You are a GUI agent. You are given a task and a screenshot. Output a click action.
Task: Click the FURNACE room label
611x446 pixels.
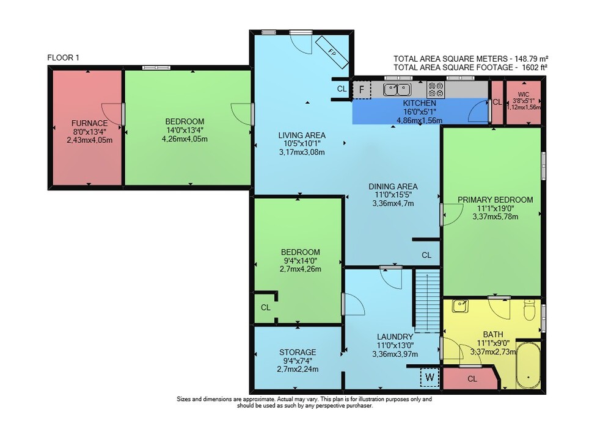[x=89, y=123]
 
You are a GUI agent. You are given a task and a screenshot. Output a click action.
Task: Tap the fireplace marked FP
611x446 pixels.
[x=332, y=52]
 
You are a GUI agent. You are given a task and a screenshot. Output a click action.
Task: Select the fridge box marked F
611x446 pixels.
[x=362, y=90]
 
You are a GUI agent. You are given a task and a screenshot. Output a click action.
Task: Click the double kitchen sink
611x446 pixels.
[x=397, y=90]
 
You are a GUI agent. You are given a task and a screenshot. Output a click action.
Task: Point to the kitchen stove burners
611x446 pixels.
[x=436, y=89]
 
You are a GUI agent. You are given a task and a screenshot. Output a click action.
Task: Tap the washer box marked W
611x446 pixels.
[x=430, y=377]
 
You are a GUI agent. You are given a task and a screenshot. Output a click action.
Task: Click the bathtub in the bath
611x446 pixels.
[x=528, y=365]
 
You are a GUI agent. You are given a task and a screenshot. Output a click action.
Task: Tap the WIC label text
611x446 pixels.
[x=524, y=95]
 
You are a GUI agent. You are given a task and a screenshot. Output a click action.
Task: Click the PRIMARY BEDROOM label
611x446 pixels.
[x=496, y=200]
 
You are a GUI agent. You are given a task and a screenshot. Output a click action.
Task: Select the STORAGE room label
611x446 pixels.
[x=298, y=352]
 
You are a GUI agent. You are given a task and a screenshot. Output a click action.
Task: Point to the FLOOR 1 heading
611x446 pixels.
[x=63, y=57]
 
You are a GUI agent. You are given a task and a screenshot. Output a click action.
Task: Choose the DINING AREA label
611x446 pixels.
[x=393, y=187]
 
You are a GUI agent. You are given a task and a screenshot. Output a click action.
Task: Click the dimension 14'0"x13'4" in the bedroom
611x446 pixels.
[x=185, y=130]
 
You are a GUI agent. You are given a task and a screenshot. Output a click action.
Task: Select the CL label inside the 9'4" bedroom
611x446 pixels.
[x=266, y=308]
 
